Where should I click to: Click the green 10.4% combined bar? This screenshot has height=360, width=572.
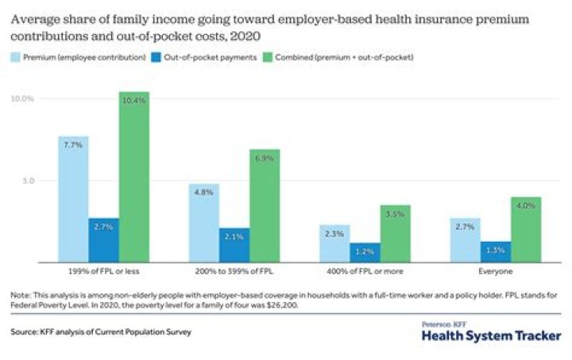[x=134, y=176]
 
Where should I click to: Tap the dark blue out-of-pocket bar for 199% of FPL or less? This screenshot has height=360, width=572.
[x=104, y=240]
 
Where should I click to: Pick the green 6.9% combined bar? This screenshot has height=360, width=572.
[x=265, y=206]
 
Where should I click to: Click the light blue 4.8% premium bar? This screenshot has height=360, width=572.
[x=203, y=223]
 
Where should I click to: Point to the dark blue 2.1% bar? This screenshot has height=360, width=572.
[x=234, y=246]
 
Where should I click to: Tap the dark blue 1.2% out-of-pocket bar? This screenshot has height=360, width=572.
[x=365, y=253]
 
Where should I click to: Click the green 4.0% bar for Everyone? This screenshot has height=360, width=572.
[x=525, y=230]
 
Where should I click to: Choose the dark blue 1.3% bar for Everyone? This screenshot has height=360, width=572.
[x=495, y=252]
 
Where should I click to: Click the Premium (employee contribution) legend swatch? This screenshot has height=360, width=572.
[x=16, y=57]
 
